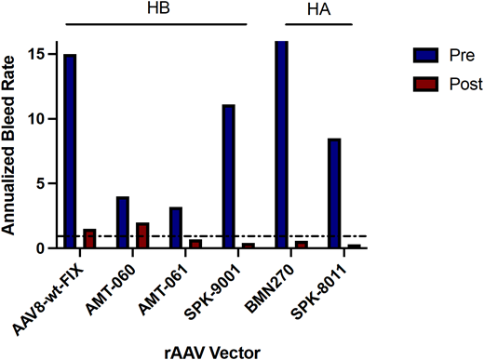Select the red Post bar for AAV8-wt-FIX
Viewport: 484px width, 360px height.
pos(89,238)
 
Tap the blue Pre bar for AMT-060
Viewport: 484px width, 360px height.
pos(123,222)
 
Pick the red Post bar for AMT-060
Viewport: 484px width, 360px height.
pos(142,235)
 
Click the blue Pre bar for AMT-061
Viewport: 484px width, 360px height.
pos(176,227)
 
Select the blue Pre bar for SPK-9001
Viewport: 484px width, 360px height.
pos(229,176)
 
